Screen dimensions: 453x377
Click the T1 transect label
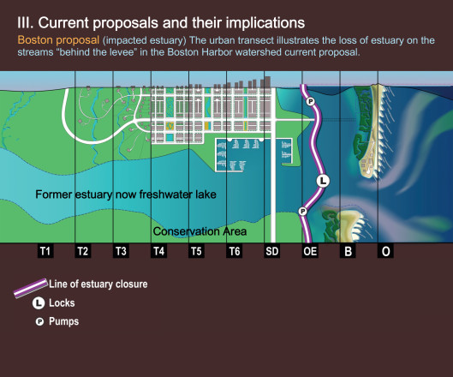(45, 251)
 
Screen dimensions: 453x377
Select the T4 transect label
(158, 251)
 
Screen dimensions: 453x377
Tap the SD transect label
(271, 251)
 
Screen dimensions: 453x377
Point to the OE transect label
(310, 251)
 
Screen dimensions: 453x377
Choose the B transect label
(348, 251)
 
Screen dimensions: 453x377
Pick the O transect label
(385, 251)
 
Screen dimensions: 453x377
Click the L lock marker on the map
(323, 181)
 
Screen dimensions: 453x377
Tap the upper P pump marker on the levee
(311, 101)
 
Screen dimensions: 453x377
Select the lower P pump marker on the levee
(302, 212)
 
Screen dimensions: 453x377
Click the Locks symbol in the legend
(39, 303)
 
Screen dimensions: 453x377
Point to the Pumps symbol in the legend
(39, 321)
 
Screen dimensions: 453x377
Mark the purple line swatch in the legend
(31, 288)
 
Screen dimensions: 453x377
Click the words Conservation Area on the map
(200, 231)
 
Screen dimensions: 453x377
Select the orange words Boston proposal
(58, 40)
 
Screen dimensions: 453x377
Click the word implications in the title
(265, 23)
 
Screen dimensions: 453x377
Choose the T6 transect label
(235, 251)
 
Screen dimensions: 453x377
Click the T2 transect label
(83, 251)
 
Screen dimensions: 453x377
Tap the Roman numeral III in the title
(26, 23)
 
